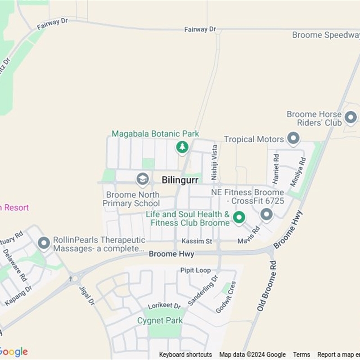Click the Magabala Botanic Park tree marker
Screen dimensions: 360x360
click(x=182, y=146)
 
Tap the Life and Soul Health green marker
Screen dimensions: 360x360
click(x=239, y=218)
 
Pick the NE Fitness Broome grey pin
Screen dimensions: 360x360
click(x=267, y=214)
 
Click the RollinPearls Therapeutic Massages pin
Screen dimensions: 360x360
click(x=44, y=243)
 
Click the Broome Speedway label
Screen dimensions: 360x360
click(x=326, y=35)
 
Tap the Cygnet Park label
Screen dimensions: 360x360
click(x=160, y=320)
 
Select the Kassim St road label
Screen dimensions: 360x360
click(x=197, y=242)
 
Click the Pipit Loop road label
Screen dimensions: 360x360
click(x=195, y=270)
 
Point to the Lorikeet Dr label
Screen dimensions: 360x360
click(x=165, y=305)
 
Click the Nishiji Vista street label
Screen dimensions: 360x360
click(x=215, y=160)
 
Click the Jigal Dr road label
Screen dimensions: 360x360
click(x=87, y=295)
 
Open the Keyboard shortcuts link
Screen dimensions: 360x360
click(x=185, y=355)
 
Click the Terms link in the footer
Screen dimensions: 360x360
click(x=301, y=355)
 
